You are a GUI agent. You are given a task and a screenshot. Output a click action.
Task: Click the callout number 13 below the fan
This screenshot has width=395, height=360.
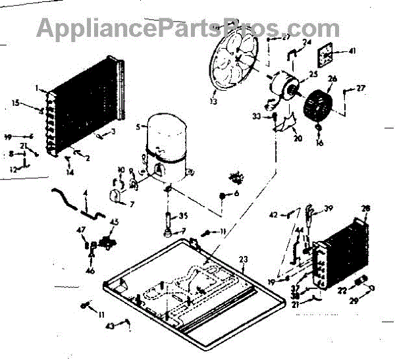pos(213,102)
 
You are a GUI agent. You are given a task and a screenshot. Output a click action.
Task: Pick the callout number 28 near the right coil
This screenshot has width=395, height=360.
pos(366,209)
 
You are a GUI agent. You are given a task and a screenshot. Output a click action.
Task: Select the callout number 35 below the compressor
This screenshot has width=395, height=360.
pos(184,215)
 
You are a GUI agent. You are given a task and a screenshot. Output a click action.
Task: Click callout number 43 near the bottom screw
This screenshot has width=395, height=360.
pos(110,326)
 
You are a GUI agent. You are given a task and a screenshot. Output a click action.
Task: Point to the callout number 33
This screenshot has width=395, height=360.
pos(256,116)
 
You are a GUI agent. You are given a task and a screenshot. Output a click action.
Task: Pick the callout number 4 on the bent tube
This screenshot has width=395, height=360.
pos(85,193)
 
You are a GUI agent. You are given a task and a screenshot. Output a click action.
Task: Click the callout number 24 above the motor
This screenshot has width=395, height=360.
pos(307,43)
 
